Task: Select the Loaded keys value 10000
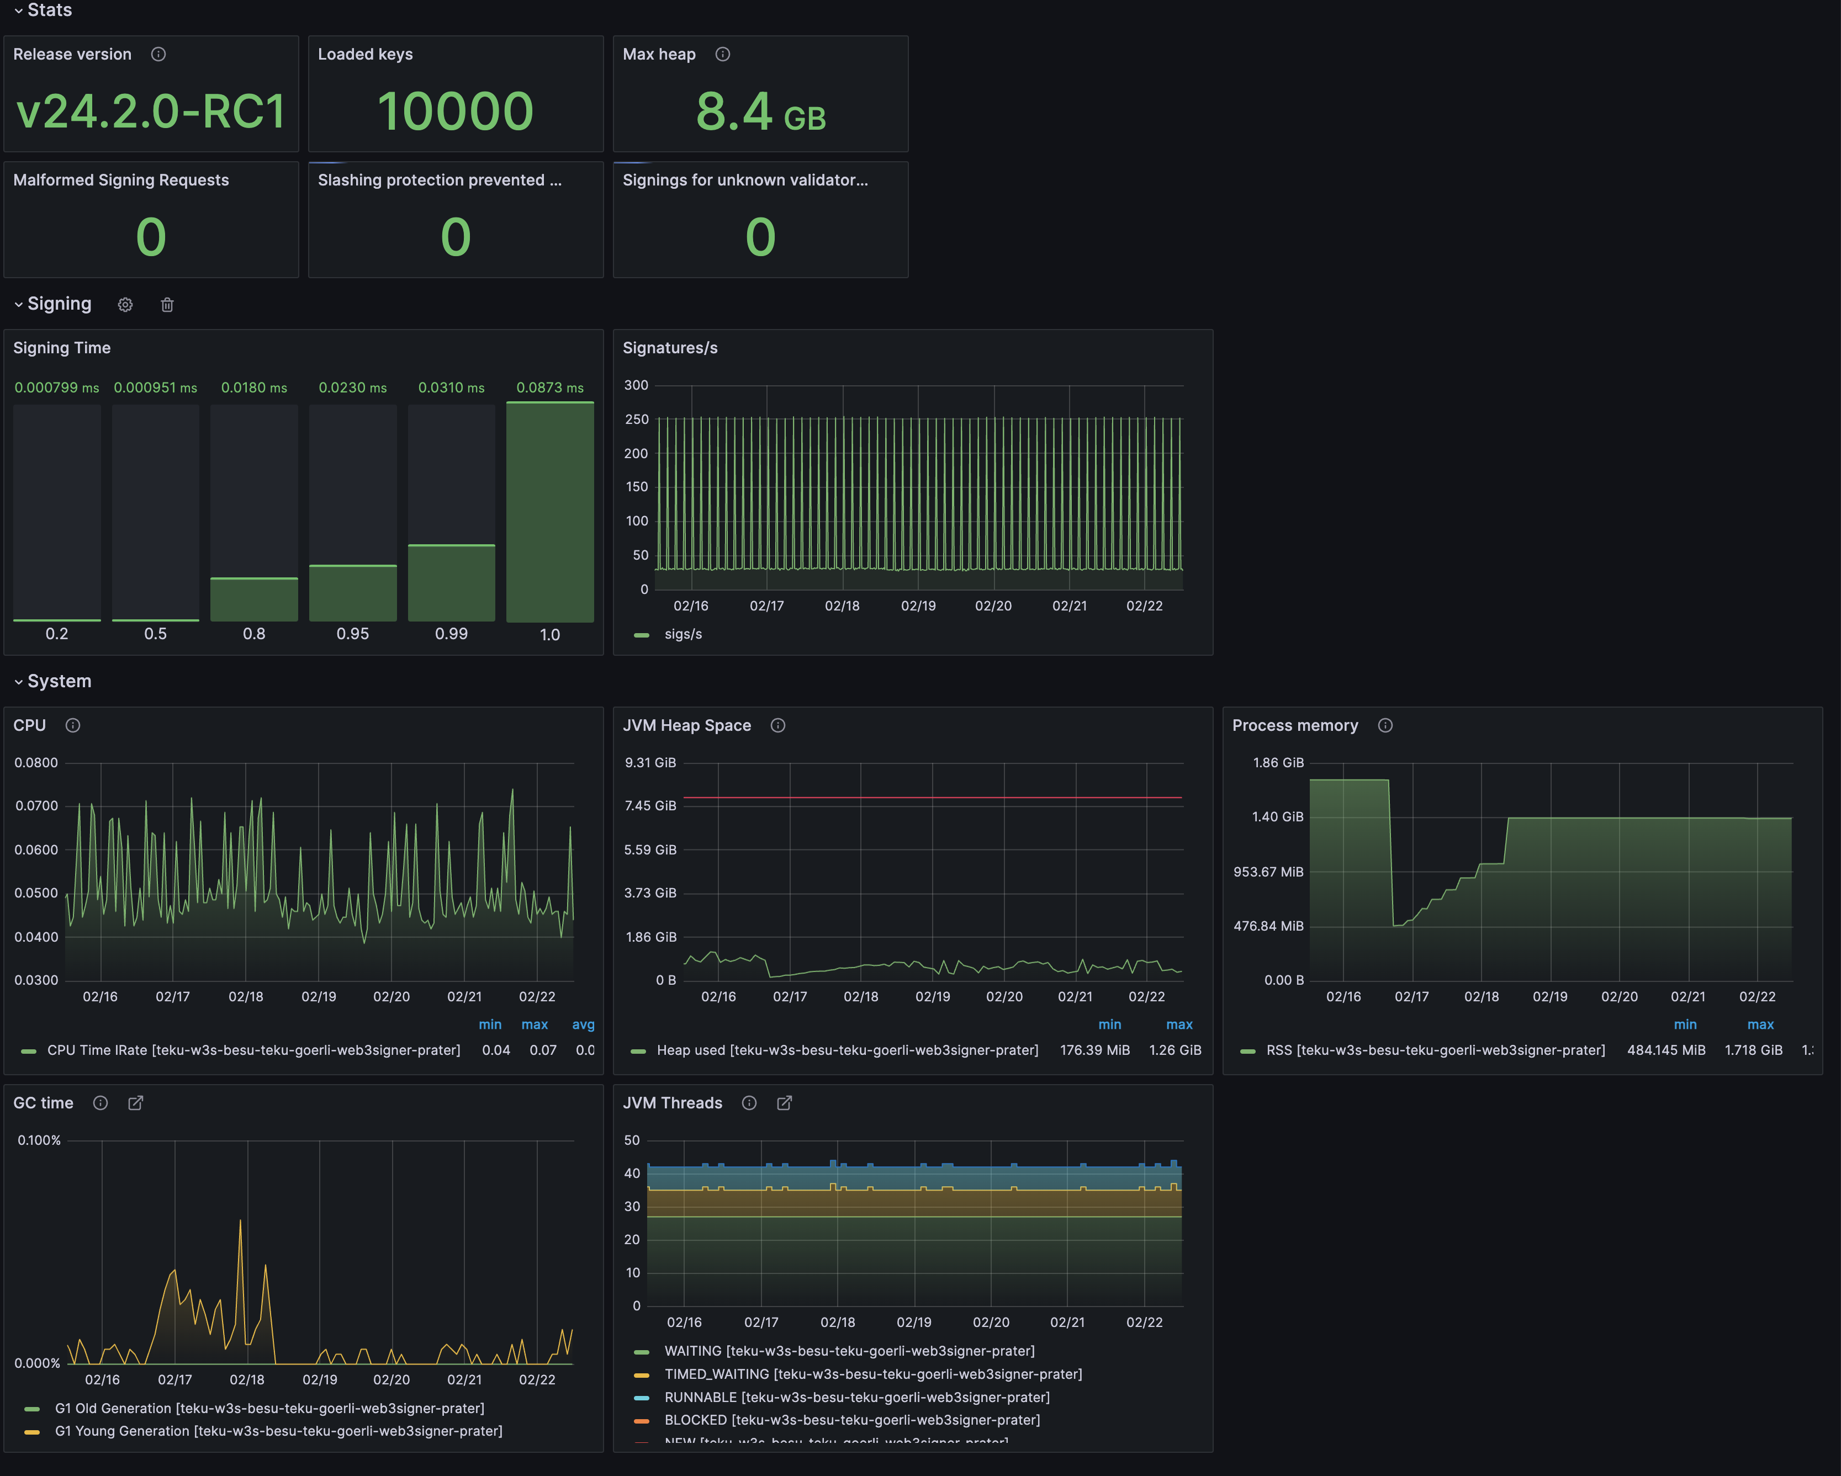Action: pos(455,112)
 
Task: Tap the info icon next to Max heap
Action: pos(722,55)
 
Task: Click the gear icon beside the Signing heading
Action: pos(125,305)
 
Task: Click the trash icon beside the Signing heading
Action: pos(167,305)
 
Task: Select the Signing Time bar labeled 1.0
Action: pos(550,512)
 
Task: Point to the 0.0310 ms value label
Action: pos(451,387)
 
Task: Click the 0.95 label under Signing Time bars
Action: pos(353,634)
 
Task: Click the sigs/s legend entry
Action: pos(683,634)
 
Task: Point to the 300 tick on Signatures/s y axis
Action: pos(636,385)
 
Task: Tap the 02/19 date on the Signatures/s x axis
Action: pos(918,606)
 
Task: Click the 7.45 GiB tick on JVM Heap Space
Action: pos(650,806)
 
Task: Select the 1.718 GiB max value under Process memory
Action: pos(1753,1050)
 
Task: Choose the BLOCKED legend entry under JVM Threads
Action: pos(851,1420)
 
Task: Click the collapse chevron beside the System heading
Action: pos(18,682)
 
